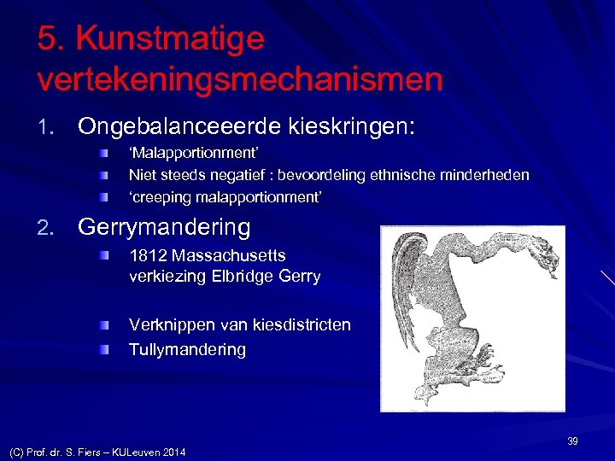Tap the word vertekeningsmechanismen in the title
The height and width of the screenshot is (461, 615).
pyautogui.click(x=240, y=80)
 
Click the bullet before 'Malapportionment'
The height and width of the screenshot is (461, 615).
pyautogui.click(x=103, y=153)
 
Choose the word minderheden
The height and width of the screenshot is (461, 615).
pyautogui.click(x=487, y=175)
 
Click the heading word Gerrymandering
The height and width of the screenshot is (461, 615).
pyautogui.click(x=164, y=228)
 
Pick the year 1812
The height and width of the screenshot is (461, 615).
pyautogui.click(x=147, y=255)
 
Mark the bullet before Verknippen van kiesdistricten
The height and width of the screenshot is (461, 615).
pyautogui.click(x=103, y=325)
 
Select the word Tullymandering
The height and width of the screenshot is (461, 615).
pyautogui.click(x=187, y=349)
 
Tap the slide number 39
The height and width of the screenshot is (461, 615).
pyautogui.click(x=572, y=441)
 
